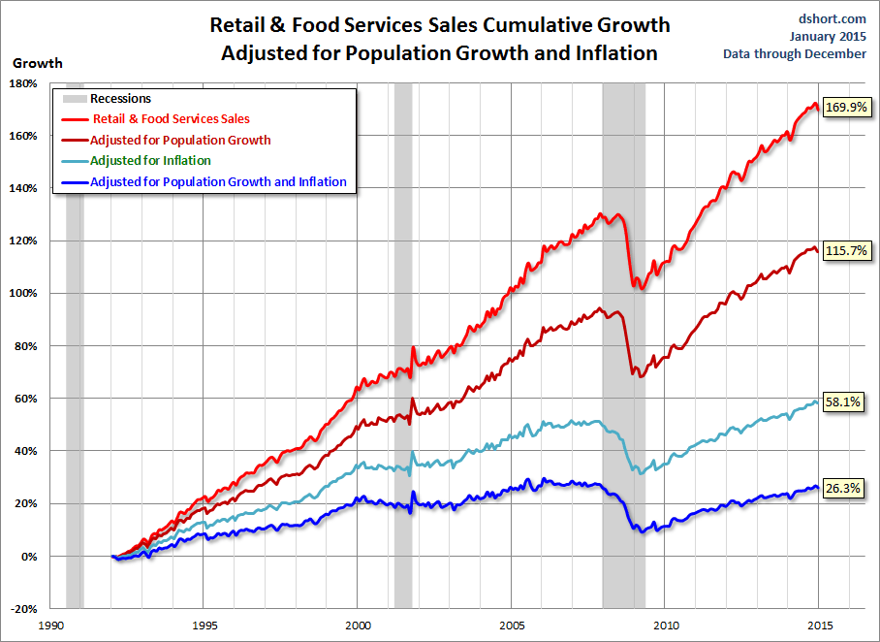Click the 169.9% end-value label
(843, 109)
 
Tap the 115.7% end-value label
(843, 251)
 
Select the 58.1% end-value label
(843, 401)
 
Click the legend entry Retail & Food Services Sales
(171, 119)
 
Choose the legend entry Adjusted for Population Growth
(180, 140)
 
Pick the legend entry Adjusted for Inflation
(150, 161)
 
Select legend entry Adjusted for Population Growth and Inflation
(217, 181)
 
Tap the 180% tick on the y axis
(23, 83)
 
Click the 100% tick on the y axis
(23, 294)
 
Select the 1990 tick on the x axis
(50, 626)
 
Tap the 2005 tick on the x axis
(512, 626)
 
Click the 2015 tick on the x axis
(820, 626)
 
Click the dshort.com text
(833, 17)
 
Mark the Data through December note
(795, 54)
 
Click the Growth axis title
(37, 63)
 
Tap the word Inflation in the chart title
(620, 52)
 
